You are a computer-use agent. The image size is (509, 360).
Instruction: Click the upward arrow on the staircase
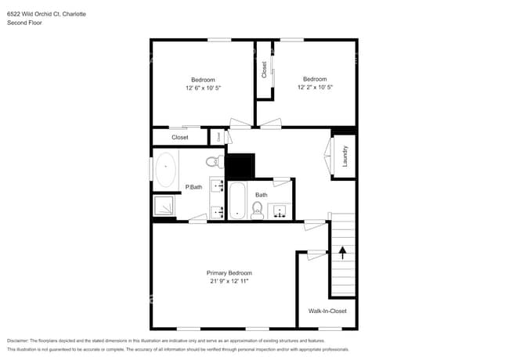tap(341, 252)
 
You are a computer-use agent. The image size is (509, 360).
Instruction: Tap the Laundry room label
tap(344, 156)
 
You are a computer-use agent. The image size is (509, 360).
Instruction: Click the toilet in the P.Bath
tap(214, 162)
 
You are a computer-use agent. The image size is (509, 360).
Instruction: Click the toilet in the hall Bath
tap(257, 210)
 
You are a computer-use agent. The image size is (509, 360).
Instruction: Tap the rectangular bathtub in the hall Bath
tap(237, 201)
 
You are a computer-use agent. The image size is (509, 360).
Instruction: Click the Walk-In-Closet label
tap(327, 311)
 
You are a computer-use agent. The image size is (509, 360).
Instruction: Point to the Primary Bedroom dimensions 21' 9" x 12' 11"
tap(229, 281)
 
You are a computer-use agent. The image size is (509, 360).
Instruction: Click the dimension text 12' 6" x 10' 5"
tap(203, 88)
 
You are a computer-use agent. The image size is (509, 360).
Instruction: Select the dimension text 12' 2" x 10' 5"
tap(315, 88)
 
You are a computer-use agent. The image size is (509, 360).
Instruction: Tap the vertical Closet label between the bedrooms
tap(264, 70)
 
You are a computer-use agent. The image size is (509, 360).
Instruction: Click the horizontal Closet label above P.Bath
tap(180, 137)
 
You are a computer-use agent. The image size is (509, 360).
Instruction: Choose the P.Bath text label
tap(193, 186)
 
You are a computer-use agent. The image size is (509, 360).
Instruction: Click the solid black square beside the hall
tap(240, 166)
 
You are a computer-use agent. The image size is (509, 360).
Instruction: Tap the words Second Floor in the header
tap(24, 23)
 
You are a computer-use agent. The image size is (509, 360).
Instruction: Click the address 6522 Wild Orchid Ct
tap(35, 14)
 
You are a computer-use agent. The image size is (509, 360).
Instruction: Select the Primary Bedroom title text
tap(229, 272)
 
